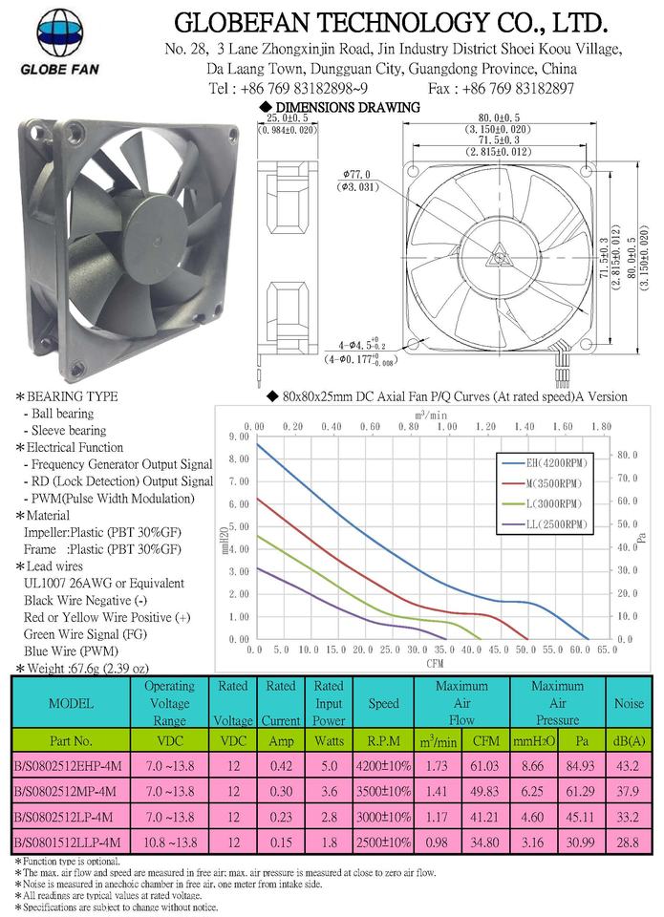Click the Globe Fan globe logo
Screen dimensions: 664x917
(x=59, y=32)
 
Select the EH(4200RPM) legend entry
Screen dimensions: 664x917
(x=545, y=463)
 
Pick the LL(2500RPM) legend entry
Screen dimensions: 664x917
(x=545, y=524)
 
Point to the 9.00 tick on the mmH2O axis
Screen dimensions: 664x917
(x=238, y=437)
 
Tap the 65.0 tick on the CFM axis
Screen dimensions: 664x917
(x=607, y=650)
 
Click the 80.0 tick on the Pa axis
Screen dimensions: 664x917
(x=627, y=455)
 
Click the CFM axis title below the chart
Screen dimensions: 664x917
(x=435, y=663)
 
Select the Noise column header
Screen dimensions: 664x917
(x=629, y=704)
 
